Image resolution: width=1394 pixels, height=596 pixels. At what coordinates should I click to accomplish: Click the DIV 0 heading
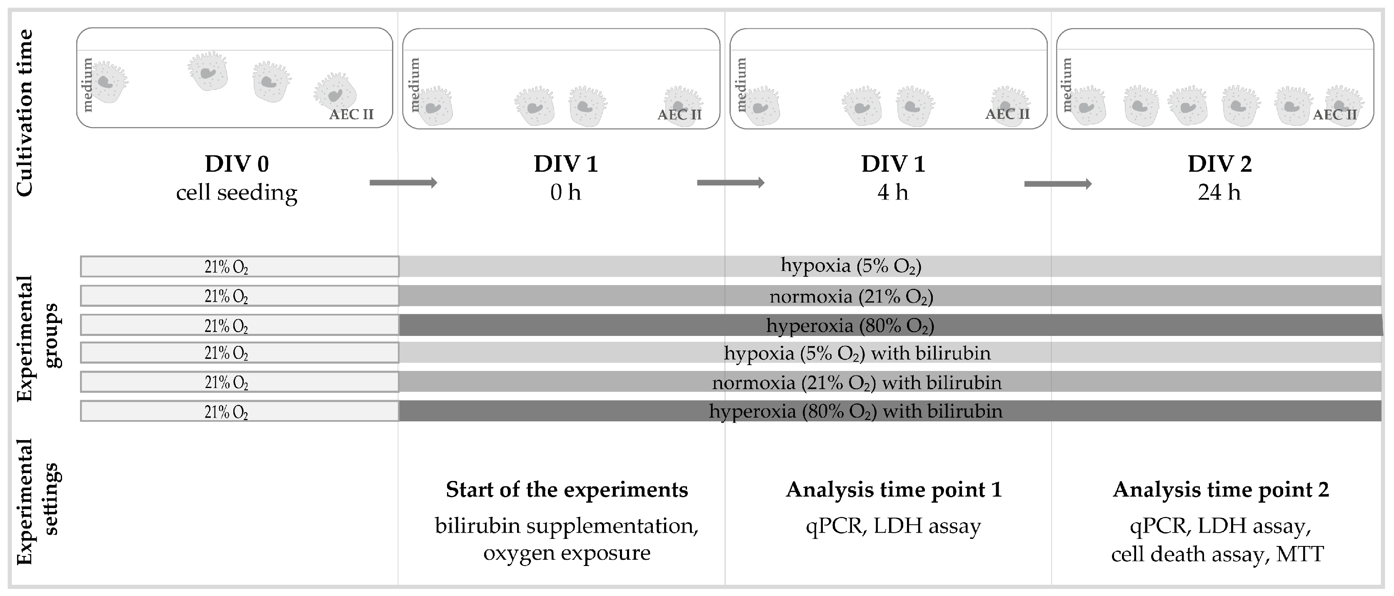click(x=237, y=163)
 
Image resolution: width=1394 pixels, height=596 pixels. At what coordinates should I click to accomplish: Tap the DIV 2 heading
click(x=1219, y=163)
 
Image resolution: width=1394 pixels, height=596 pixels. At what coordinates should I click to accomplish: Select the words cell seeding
click(x=237, y=193)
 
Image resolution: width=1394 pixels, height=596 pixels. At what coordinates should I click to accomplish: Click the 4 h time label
click(x=892, y=193)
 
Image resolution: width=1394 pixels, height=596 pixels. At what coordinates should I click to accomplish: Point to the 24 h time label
click(x=1219, y=193)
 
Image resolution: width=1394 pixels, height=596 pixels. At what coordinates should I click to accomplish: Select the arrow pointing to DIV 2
click(x=1057, y=184)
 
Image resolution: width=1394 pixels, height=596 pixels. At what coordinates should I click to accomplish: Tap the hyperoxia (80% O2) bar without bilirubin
click(x=849, y=326)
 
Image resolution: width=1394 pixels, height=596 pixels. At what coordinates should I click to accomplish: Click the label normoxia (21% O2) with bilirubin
click(x=857, y=383)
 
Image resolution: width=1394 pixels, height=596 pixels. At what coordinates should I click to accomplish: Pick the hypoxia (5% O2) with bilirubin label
click(x=857, y=353)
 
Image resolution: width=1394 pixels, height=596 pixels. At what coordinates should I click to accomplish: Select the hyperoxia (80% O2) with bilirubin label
click(x=856, y=411)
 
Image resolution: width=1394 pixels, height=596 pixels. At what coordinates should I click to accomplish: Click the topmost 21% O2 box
click(x=239, y=267)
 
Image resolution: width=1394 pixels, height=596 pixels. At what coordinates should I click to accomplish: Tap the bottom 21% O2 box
click(x=239, y=411)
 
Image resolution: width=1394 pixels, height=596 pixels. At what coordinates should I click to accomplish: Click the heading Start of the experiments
click(x=567, y=490)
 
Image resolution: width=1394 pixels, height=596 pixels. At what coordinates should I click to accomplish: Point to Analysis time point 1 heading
click(x=894, y=490)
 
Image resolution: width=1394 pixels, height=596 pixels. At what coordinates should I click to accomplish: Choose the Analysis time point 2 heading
click(x=1220, y=490)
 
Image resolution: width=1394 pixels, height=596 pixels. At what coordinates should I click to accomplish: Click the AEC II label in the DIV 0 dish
click(x=351, y=114)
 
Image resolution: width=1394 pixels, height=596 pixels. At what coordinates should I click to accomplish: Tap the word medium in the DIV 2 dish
click(x=1067, y=85)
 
